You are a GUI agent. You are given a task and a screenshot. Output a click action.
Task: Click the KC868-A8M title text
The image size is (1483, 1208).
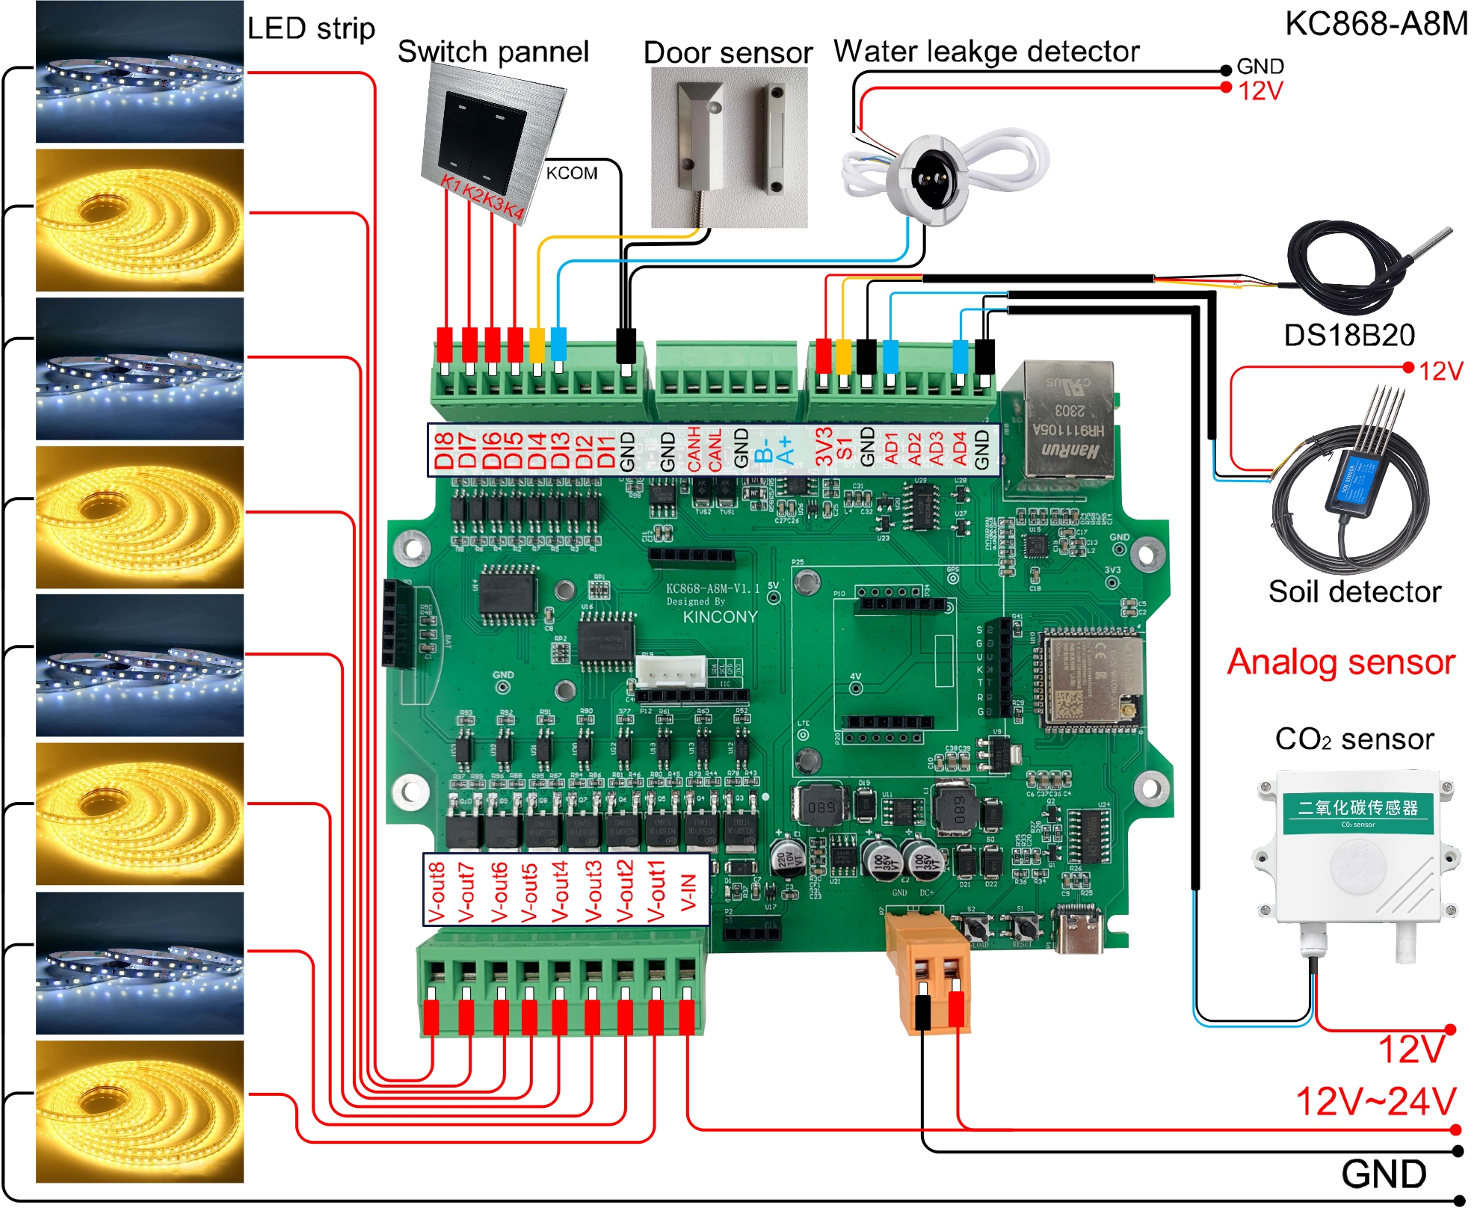tap(1375, 24)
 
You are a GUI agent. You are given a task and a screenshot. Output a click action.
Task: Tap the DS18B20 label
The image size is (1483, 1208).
tap(1348, 335)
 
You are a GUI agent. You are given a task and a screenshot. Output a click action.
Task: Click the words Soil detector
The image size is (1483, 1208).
tap(1354, 591)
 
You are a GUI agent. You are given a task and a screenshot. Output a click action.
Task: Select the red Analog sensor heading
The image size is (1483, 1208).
tap(1341, 662)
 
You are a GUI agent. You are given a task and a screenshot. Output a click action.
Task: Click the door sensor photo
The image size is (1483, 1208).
tap(729, 147)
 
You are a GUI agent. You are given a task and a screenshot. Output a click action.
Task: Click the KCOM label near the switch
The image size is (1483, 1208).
tap(571, 173)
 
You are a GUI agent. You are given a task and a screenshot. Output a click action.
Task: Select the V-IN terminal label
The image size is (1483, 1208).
tap(688, 891)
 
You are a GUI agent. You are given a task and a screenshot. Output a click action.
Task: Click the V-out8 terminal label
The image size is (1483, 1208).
tap(437, 891)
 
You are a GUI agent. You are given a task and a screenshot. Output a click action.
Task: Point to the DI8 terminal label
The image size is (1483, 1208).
tap(444, 450)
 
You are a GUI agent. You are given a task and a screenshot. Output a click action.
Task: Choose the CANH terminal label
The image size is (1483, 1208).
tap(694, 450)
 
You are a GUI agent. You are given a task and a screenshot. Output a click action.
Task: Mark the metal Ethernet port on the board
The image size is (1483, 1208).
tap(1061, 422)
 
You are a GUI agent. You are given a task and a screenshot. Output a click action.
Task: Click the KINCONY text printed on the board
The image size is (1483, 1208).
tap(719, 617)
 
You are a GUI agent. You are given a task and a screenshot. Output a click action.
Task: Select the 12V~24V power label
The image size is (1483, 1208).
tap(1375, 1102)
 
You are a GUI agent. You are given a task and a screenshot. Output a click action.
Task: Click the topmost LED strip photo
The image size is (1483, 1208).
tap(140, 73)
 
